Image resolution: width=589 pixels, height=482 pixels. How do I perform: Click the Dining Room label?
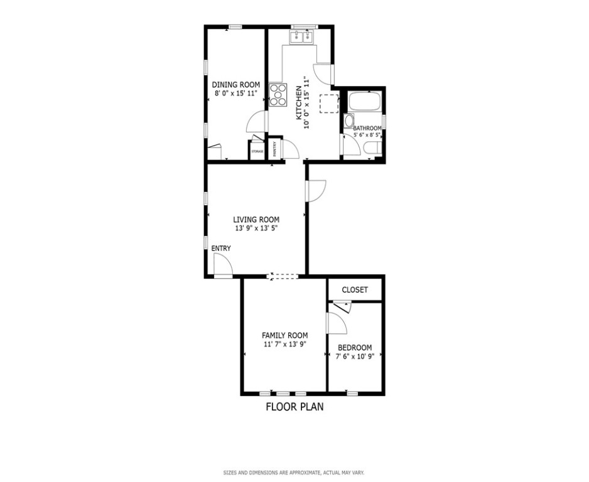[236, 85]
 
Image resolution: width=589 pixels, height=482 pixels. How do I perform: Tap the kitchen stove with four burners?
[278, 94]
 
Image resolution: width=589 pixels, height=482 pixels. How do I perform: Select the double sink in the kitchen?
[302, 37]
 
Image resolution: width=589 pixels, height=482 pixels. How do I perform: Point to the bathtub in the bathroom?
[364, 101]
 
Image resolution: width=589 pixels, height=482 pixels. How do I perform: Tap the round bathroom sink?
[349, 121]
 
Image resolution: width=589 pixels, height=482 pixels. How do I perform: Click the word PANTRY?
[275, 149]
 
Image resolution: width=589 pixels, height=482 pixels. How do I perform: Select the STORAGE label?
[257, 152]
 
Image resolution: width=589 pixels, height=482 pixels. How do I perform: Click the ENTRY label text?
[221, 249]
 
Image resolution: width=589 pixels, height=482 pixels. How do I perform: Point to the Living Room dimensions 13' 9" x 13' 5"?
[256, 228]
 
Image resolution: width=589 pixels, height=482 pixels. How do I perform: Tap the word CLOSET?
[355, 290]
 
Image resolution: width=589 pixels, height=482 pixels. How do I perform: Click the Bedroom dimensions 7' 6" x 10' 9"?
[355, 356]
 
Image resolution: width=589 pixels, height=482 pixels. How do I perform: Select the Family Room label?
[284, 335]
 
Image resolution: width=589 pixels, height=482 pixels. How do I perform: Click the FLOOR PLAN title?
[294, 407]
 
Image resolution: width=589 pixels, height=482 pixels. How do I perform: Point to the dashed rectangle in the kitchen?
[329, 104]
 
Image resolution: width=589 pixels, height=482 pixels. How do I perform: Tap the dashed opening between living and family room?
[283, 277]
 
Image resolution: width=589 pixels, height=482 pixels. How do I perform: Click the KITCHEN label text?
[299, 103]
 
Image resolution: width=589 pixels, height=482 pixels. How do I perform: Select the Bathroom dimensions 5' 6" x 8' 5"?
[367, 135]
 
